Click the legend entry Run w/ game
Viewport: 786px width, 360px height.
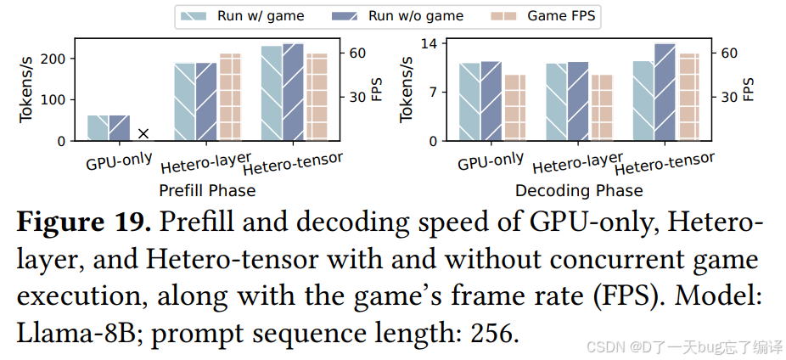(243, 15)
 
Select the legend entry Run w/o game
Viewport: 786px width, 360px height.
(398, 15)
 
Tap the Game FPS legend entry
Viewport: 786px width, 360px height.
(543, 15)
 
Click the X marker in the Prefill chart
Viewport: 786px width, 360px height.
(143, 133)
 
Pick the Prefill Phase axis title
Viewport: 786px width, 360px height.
(207, 190)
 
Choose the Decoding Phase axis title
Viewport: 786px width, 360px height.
(579, 190)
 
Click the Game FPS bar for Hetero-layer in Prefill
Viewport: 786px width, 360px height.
(230, 97)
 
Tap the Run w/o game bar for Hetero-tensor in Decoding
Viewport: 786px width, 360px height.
(665, 93)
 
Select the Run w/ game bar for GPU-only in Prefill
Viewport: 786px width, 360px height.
(98, 128)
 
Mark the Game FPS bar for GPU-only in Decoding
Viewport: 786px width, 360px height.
(515, 108)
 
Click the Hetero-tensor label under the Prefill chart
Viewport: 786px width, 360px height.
(293, 165)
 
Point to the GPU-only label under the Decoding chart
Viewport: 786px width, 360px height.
(491, 161)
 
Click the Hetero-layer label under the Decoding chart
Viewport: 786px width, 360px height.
(577, 164)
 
